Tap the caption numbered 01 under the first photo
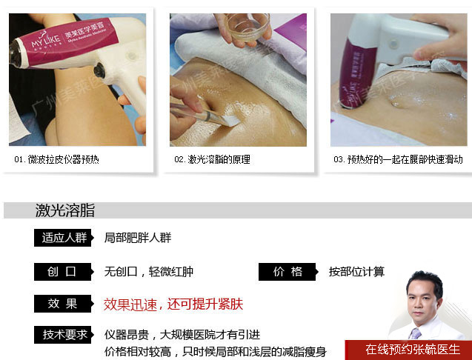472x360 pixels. [x=56, y=159]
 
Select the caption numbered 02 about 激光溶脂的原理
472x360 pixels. [x=212, y=159]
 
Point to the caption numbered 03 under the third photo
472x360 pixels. [x=398, y=159]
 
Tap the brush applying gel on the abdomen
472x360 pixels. [x=205, y=115]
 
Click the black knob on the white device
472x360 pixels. [x=99, y=70]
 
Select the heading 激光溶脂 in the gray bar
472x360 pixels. [x=65, y=210]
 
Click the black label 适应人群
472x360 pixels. [x=64, y=238]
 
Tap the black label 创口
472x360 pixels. [x=64, y=272]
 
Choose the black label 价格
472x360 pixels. [x=288, y=272]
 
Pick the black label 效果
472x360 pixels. [x=64, y=304]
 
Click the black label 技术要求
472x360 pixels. [x=64, y=335]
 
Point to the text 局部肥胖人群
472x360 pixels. [x=138, y=238]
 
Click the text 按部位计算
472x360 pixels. [x=356, y=272]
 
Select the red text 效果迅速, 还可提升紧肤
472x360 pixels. [x=173, y=304]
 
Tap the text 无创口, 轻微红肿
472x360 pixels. [x=149, y=272]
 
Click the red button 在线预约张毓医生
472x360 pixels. [x=408, y=350]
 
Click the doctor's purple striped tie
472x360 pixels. [x=415, y=333]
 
